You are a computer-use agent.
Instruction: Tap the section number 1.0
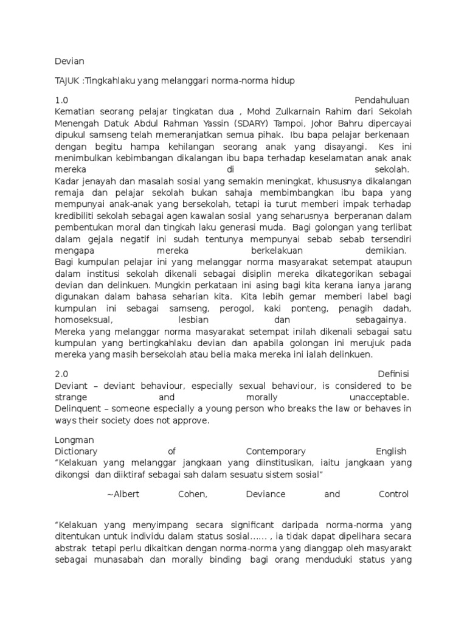click(61, 100)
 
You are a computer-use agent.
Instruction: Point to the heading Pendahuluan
click(381, 100)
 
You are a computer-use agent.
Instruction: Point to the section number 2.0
click(61, 374)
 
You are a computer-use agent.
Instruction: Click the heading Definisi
click(393, 374)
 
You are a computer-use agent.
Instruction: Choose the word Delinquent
click(77, 409)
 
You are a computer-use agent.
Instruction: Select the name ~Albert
click(123, 494)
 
